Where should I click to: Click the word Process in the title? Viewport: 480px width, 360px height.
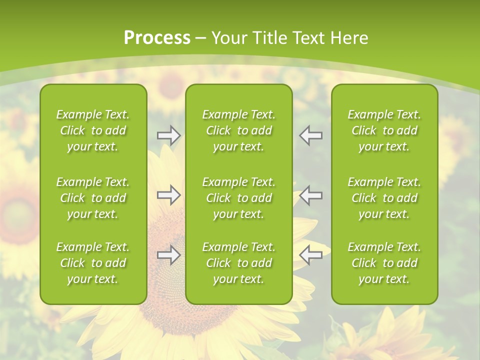coord(156,38)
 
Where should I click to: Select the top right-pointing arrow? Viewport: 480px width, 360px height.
coord(169,135)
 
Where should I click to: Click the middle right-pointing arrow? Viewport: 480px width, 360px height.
coord(169,195)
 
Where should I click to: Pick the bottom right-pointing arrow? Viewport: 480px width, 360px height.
coord(169,255)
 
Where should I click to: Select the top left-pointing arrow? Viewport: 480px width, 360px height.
coord(311,135)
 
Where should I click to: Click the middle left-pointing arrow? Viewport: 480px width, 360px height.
coord(311,195)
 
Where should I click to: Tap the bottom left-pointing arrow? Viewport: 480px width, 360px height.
coord(311,255)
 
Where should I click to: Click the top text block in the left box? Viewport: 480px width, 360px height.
coord(93,130)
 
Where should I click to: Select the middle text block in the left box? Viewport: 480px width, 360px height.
coord(93,198)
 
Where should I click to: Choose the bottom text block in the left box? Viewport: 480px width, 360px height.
coord(93,263)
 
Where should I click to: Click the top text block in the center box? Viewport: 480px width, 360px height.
coord(239,130)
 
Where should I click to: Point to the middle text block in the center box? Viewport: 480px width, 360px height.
coord(239,198)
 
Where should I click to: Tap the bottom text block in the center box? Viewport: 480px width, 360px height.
coord(239,263)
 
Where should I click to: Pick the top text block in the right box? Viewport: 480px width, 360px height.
coord(384,130)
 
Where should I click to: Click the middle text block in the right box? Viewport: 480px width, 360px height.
coord(384,198)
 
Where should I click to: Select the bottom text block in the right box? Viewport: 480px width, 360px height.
coord(384,263)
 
